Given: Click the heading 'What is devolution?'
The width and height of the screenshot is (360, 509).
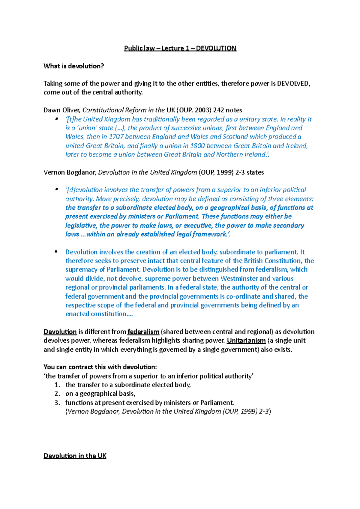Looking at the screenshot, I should click(x=73, y=66).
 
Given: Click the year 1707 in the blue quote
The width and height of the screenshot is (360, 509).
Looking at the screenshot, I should click(x=116, y=137).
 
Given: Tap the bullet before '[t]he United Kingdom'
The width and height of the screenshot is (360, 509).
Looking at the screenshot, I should click(x=56, y=119).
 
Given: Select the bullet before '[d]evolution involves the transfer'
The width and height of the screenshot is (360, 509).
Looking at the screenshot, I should click(x=56, y=189).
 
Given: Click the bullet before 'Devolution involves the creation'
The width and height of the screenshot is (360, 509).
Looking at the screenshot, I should click(x=56, y=252).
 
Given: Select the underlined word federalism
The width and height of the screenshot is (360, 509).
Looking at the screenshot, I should click(x=143, y=332).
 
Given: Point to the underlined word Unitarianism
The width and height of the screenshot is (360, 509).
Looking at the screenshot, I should click(x=246, y=341).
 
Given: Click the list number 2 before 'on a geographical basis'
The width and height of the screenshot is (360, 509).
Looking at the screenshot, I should click(x=57, y=394).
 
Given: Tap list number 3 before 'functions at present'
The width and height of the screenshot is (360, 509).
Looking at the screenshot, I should click(x=57, y=403).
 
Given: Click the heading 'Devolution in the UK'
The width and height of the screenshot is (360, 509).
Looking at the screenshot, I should click(x=75, y=456).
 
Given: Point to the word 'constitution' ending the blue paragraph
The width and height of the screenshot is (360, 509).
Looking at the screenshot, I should click(x=109, y=314).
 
